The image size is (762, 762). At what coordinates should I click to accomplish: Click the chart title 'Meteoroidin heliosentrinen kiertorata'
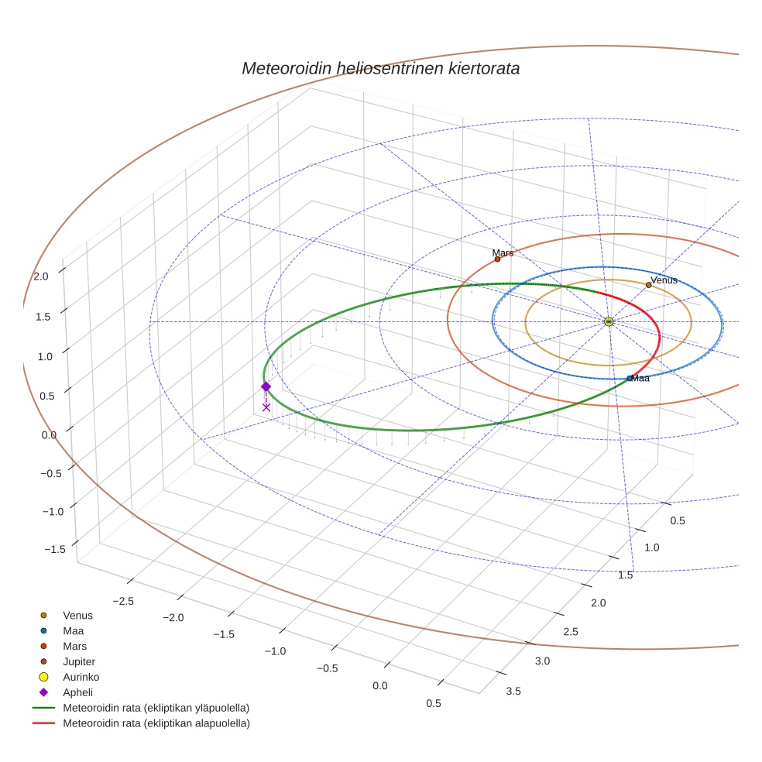[380, 68]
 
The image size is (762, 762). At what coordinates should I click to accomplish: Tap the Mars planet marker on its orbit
[497, 259]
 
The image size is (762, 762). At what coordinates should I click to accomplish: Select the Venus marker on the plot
[648, 285]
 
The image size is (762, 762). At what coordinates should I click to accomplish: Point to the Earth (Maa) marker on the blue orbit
[630, 379]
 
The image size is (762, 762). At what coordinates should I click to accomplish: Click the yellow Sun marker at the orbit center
[609, 321]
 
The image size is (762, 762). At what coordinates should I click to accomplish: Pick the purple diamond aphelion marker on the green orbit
[266, 386]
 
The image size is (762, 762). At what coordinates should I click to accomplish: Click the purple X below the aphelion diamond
[266, 407]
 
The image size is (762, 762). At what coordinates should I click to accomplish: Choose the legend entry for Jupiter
[78, 661]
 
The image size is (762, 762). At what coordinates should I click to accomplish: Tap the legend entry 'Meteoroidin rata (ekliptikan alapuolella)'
[156, 723]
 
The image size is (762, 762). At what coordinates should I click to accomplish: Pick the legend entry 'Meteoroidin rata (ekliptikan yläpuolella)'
[156, 708]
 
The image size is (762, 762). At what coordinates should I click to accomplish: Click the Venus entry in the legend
[77, 615]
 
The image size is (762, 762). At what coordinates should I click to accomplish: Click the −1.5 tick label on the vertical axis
[55, 548]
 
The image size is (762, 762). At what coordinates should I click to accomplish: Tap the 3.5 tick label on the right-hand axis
[513, 691]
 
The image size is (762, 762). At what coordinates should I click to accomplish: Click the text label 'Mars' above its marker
[503, 252]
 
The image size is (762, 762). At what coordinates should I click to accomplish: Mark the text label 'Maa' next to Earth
[640, 378]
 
